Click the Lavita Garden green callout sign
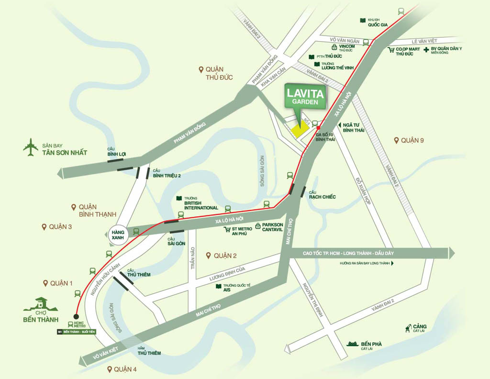point(305,95)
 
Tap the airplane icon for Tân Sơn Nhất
point(31,147)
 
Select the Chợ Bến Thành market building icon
point(40,304)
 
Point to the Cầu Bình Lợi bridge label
point(117,152)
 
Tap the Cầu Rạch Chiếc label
point(322,195)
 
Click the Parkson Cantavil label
point(272,227)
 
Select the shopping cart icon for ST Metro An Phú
point(228,229)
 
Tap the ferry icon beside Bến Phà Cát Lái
point(353,344)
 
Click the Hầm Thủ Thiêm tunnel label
point(149,351)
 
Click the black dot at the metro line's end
point(76,316)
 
